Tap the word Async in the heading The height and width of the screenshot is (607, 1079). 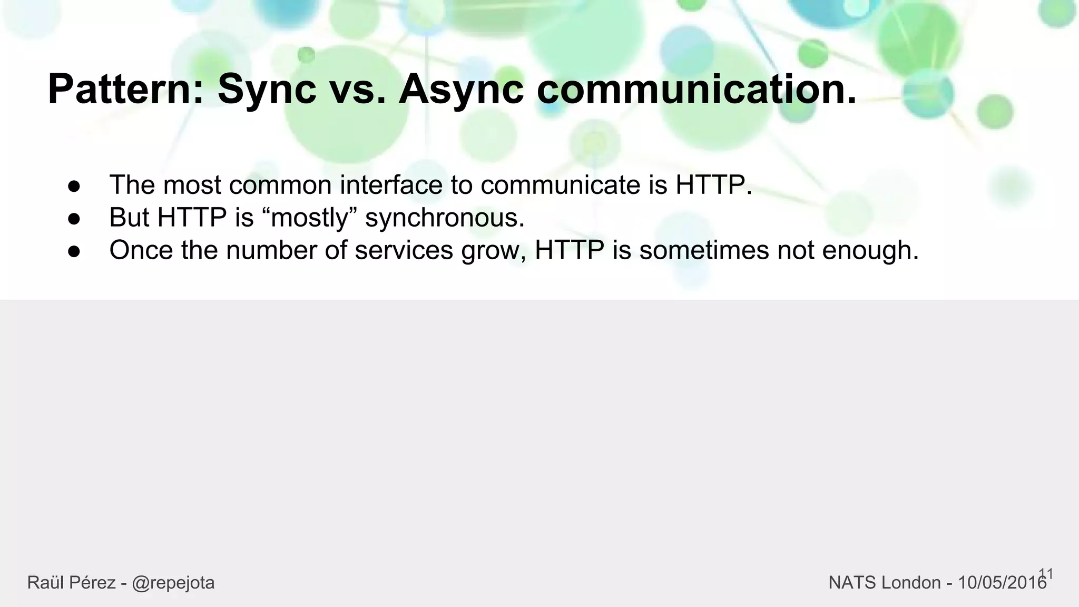click(461, 90)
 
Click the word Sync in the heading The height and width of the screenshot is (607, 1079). click(267, 90)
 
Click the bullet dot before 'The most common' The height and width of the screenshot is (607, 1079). click(74, 186)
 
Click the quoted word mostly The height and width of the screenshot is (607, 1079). click(309, 218)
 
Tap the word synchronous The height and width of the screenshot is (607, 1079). click(445, 218)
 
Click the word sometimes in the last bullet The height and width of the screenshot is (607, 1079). click(704, 250)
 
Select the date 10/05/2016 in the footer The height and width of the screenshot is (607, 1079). click(1002, 583)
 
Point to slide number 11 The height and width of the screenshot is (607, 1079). click(1046, 573)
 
